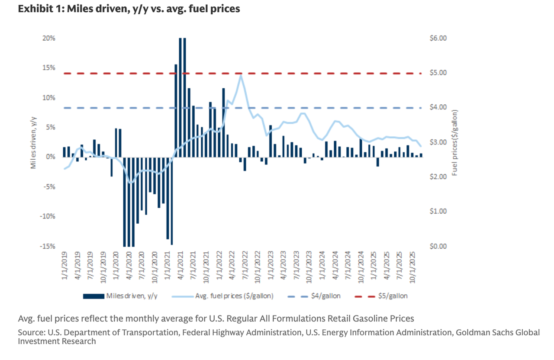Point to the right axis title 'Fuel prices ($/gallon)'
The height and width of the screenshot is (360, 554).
pos(454,142)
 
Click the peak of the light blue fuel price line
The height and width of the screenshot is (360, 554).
pos(241,76)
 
